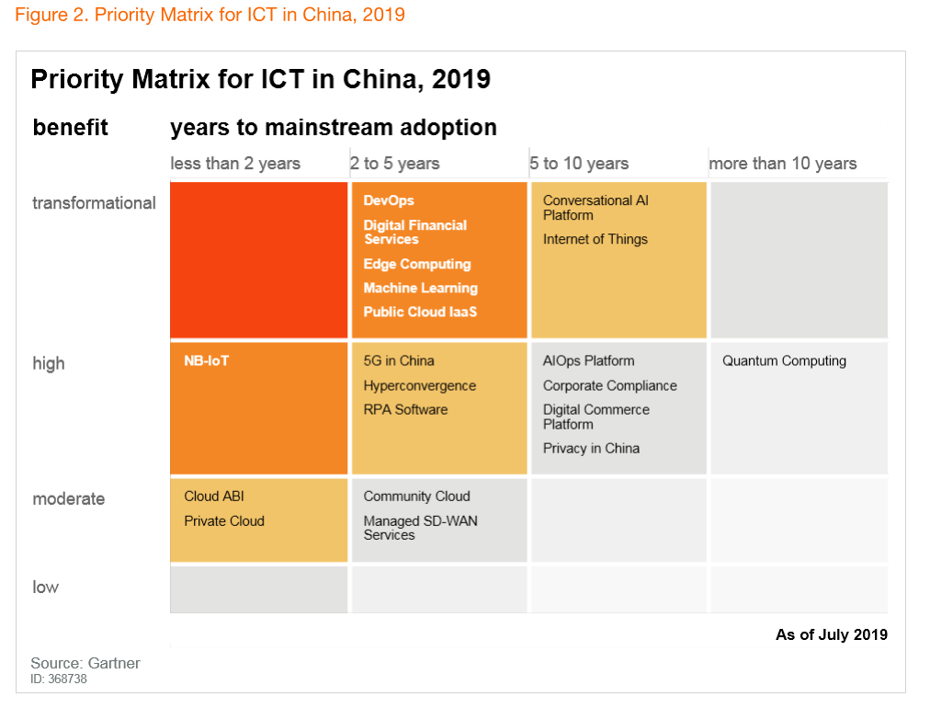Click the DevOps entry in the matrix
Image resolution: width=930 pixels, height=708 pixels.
click(x=389, y=200)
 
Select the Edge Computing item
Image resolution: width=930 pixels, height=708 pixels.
click(x=417, y=264)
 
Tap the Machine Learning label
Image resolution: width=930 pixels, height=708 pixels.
click(x=420, y=288)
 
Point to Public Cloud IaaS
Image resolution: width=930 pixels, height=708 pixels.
click(x=420, y=312)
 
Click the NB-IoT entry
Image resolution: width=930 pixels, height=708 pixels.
click(x=206, y=360)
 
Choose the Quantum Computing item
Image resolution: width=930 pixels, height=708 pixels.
click(x=784, y=360)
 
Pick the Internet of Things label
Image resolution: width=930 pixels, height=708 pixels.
click(x=595, y=239)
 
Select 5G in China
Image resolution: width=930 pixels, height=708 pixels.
click(x=399, y=360)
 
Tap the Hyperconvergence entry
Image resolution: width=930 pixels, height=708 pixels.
click(x=419, y=386)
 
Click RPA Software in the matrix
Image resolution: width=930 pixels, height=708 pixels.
click(x=405, y=409)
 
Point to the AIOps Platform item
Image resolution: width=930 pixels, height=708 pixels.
click(x=588, y=360)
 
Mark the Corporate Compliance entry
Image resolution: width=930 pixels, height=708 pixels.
click(x=609, y=386)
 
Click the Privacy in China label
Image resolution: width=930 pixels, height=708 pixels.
click(x=591, y=448)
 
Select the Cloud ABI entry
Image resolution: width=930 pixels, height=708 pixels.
click(x=214, y=497)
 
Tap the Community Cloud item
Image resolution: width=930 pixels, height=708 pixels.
click(x=416, y=497)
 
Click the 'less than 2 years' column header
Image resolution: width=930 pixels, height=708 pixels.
click(x=235, y=164)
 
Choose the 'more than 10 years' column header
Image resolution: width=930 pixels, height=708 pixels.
click(x=782, y=164)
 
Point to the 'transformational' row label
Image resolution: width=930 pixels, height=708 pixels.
click(x=94, y=202)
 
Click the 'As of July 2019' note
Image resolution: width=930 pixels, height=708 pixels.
click(x=831, y=634)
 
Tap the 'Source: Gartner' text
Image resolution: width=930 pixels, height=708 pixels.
click(x=85, y=663)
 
